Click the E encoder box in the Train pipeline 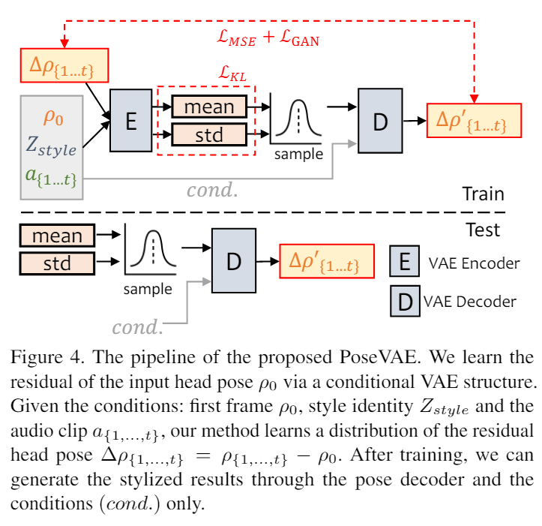pyautogui.click(x=130, y=119)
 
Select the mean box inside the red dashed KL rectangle pyautogui.click(x=209, y=107)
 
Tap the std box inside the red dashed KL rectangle pyautogui.click(x=209, y=134)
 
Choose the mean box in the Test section pyautogui.click(x=57, y=236)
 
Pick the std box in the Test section pyautogui.click(x=57, y=263)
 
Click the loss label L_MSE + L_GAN pyautogui.click(x=266, y=39)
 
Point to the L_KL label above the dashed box pyautogui.click(x=233, y=74)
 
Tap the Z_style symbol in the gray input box pyautogui.click(x=51, y=148)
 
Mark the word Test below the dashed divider pyautogui.click(x=481, y=229)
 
